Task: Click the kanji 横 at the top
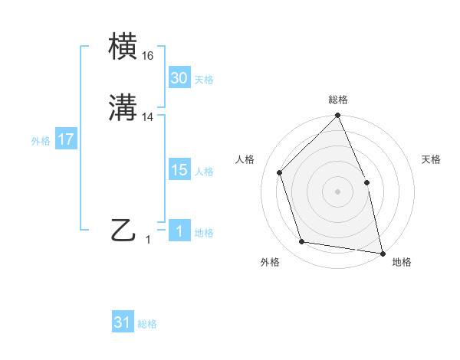click(x=124, y=46)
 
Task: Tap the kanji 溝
click(x=124, y=108)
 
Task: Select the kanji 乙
click(x=124, y=231)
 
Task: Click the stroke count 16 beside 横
click(x=147, y=56)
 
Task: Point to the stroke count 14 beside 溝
click(x=147, y=117)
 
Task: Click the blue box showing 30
click(x=179, y=78)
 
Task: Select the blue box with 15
click(x=179, y=171)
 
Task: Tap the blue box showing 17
click(x=65, y=140)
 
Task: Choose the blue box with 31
click(x=123, y=323)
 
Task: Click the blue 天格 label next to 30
click(x=204, y=80)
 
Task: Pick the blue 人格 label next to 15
click(x=204, y=172)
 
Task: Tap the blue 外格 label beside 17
click(x=41, y=141)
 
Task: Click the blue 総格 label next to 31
click(x=147, y=324)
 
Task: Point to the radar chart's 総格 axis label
click(x=338, y=100)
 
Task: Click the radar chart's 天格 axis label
click(x=432, y=159)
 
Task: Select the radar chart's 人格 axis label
click(x=245, y=159)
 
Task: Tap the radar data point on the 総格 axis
click(x=338, y=116)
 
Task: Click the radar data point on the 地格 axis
click(x=382, y=252)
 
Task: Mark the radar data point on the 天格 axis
click(x=366, y=182)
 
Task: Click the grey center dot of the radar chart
click(x=338, y=191)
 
